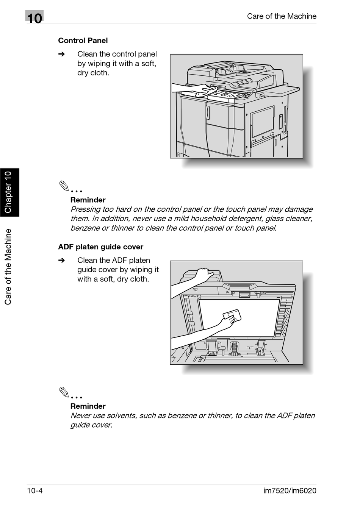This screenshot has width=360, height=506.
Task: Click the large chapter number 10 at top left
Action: click(34, 18)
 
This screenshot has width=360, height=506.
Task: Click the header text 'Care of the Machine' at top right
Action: click(281, 16)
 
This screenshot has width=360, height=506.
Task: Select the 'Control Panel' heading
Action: click(83, 41)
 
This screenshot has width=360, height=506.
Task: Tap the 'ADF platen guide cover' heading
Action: click(100, 247)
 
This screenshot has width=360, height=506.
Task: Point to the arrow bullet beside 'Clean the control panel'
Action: click(62, 54)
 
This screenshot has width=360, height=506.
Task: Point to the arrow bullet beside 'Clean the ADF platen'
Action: click(62, 260)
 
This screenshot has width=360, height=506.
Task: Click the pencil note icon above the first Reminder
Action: click(64, 186)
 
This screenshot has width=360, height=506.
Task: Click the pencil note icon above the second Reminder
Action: click(64, 392)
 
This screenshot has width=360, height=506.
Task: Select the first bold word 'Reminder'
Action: click(88, 200)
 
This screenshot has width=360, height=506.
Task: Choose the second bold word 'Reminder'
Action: click(88, 406)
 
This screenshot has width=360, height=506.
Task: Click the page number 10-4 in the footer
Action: click(34, 491)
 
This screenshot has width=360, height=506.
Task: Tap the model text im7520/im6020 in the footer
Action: click(290, 491)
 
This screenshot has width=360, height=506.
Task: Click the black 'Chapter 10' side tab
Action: click(9, 192)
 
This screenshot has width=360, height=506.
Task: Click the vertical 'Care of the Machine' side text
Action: click(8, 266)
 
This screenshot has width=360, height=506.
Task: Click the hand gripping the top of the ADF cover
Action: click(204, 273)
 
